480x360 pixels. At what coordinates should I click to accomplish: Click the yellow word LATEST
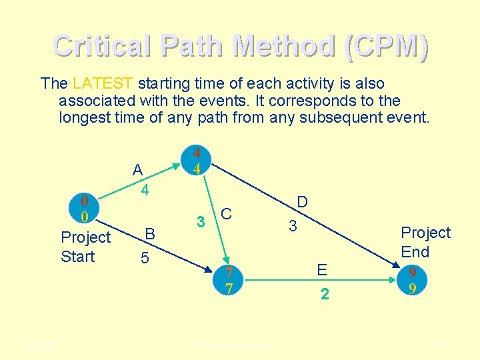[103, 84]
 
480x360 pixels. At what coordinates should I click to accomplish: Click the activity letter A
[137, 170]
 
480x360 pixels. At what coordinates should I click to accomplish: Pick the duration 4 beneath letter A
[143, 191]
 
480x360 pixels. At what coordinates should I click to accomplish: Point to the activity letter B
[150, 234]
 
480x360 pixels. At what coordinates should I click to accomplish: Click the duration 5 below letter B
[145, 257]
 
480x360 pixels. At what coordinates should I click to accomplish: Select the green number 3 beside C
[199, 221]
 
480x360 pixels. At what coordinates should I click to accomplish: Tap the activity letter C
[227, 214]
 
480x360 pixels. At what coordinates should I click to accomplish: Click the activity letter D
[302, 202]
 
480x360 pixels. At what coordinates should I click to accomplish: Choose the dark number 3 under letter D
[292, 226]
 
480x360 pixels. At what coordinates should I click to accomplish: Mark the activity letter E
[323, 270]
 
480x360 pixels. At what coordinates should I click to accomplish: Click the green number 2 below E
[324, 294]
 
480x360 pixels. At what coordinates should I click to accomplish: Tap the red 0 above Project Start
[84, 201]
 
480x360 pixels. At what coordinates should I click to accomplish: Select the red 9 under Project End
[413, 273]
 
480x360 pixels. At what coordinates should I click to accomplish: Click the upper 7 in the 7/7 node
[229, 273]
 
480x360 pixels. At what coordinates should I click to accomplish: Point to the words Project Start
[85, 247]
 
